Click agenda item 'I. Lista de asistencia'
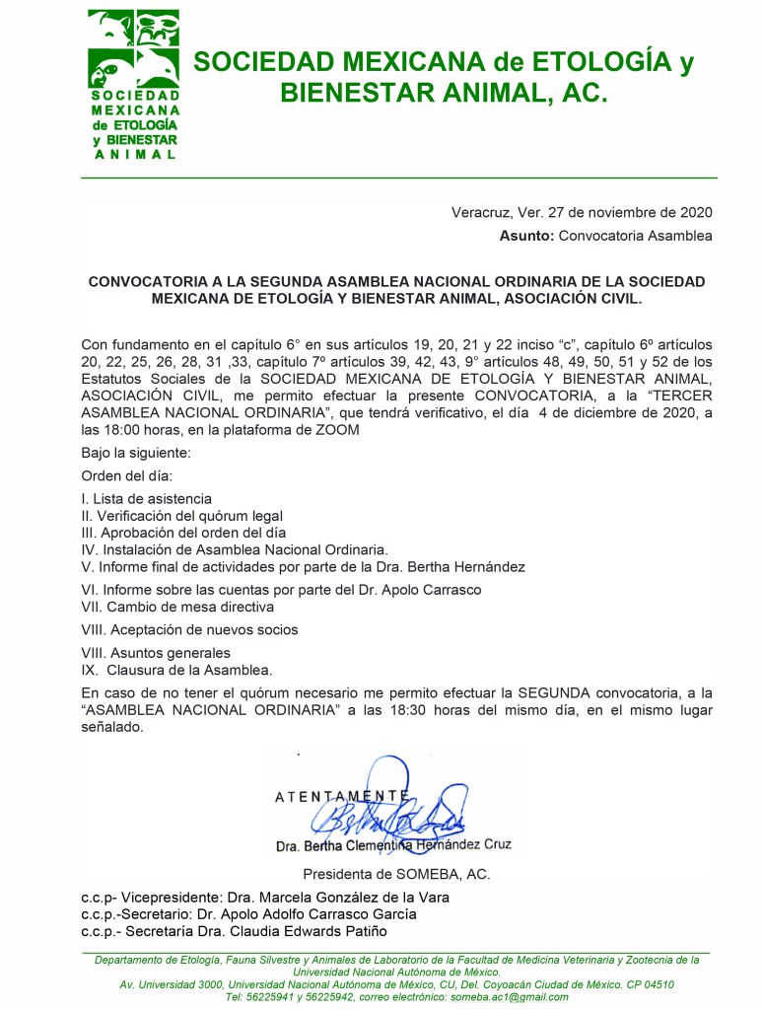pos(146,499)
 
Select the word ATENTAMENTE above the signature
pos(341,795)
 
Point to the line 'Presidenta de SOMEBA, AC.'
pos(396,874)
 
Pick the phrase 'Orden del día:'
pos(126,476)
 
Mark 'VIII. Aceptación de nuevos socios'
pos(189,629)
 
